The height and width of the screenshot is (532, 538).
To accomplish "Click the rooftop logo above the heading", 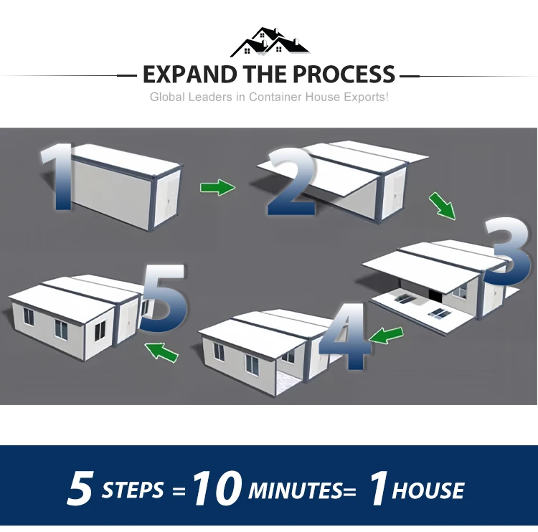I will pos(269,43).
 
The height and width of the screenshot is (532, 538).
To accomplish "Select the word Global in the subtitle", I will pos(166,97).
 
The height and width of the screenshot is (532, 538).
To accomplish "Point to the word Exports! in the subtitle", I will pos(367,97).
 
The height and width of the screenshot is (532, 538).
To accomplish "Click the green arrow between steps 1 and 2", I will pos(217,188).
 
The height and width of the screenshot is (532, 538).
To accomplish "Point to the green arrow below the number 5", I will pos(161,351).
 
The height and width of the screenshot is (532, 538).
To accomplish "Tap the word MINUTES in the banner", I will pos(296,491).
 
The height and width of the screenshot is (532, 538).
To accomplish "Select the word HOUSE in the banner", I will pos(428,491).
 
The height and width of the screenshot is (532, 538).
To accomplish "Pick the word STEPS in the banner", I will pos(133,491).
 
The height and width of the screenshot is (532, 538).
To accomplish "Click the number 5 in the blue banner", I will pos(80,490).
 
